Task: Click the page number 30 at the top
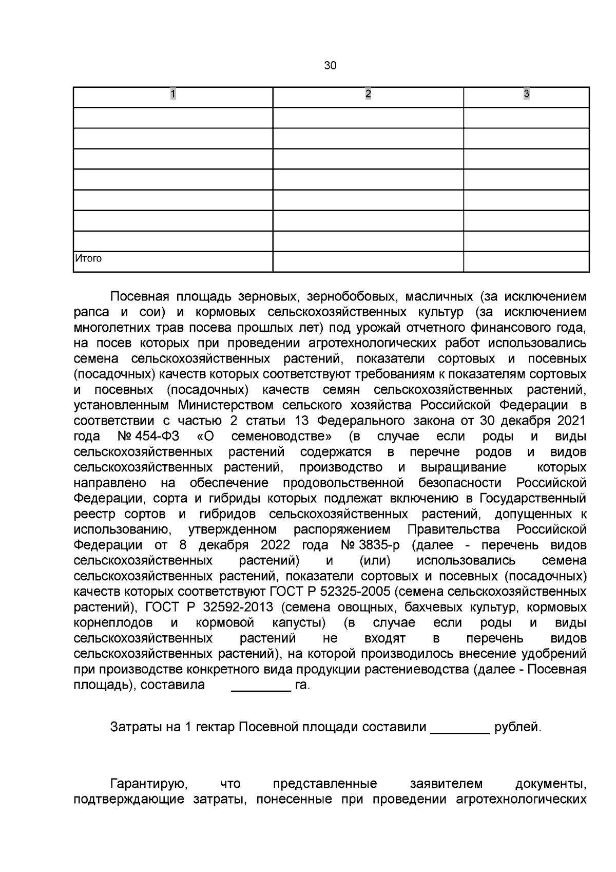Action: point(330,66)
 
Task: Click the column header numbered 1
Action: point(173,94)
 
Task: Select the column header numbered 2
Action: point(368,94)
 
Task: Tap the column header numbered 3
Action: point(526,94)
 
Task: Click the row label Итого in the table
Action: point(89,258)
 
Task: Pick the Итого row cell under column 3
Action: point(526,261)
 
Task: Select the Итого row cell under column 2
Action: point(368,261)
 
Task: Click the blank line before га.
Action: point(261,686)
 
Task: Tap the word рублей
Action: point(517,728)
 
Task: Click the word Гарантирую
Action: point(147,784)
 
